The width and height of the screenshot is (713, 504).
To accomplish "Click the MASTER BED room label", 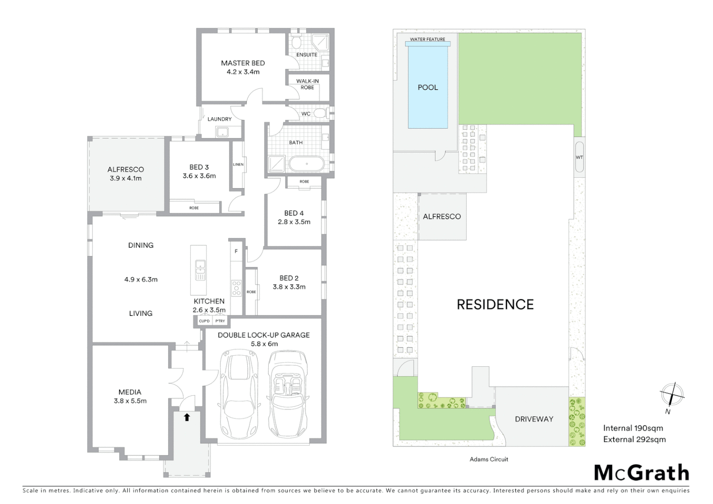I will coord(243,63).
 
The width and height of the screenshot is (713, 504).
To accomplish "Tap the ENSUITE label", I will coord(307,55).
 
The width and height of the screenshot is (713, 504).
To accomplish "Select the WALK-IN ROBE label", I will coord(308,84).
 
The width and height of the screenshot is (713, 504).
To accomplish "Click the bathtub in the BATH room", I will coord(306,164).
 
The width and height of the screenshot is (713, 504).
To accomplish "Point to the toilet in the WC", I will coord(320,113).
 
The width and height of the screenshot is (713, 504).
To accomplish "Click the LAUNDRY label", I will coord(219,119).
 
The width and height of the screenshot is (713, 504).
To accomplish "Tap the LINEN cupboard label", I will coord(238,164).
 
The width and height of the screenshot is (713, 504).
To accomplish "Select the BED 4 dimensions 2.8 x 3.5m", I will coord(294,222).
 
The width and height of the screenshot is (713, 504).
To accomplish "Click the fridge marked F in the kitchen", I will coord(236,251).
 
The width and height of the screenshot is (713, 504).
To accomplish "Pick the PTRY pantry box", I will coord(220,321).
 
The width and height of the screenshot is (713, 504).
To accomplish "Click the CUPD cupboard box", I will coord(204,321).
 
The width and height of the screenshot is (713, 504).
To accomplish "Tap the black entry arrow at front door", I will coord(187,417).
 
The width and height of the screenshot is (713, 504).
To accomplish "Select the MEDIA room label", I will coord(130,392).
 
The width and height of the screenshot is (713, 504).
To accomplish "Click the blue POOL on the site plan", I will coord(428,87).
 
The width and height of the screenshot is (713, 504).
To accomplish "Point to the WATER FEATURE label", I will coord(427,39).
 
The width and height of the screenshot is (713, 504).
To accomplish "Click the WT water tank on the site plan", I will coord(579,157).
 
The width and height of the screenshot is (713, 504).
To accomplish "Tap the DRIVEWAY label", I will coord(534,419).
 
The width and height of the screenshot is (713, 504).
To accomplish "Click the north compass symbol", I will coord(671,395).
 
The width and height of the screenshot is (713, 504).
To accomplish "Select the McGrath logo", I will coord(642,473).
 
